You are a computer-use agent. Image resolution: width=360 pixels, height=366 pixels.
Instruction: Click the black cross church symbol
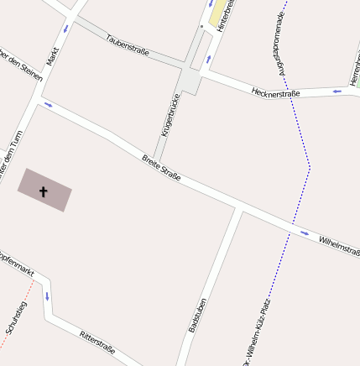tap(44, 191)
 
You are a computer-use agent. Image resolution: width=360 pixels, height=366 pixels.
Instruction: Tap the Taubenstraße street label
tap(128, 46)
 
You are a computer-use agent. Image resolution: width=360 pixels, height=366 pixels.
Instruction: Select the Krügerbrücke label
tap(170, 115)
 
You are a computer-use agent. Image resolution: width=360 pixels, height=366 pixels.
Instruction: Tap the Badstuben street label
tap(198, 316)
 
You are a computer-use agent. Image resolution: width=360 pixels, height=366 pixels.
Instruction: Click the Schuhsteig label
tap(16, 318)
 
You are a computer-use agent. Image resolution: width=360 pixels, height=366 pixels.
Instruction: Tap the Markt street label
tap(54, 57)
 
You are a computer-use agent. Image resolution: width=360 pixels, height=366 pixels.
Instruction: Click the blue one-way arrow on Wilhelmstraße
tap(304, 233)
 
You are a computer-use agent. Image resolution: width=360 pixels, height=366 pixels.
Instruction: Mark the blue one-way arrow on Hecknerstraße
tap(337, 91)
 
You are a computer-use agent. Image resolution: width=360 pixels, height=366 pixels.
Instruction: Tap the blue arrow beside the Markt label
tap(65, 29)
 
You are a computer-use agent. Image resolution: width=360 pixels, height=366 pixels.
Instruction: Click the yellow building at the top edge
tap(219, 12)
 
